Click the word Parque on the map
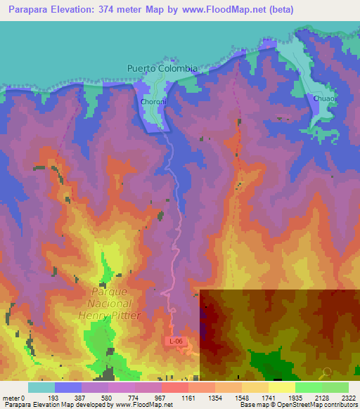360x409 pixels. click(110, 291)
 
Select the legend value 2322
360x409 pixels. click(349, 398)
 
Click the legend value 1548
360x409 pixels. click(241, 398)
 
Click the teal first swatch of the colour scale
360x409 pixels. click(41, 387)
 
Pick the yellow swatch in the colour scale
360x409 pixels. click(281, 387)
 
